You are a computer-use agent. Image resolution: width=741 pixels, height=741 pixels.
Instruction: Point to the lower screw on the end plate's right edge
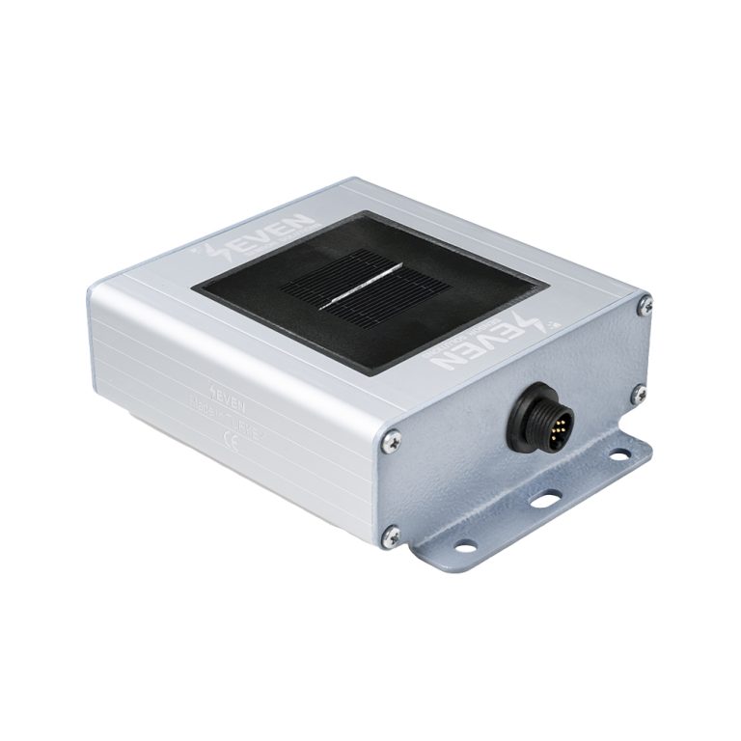638,393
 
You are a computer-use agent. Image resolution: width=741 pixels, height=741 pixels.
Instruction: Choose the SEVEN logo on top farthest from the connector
262,235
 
